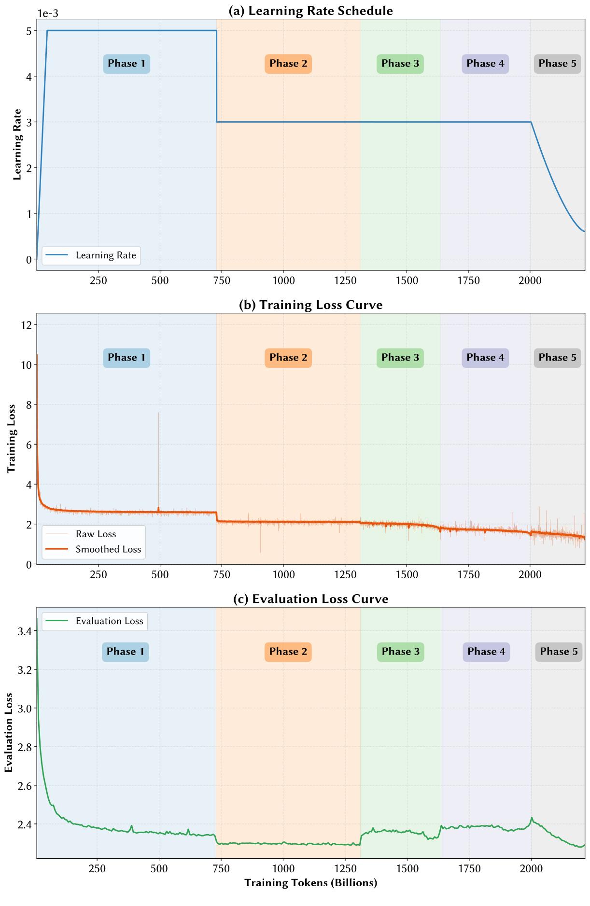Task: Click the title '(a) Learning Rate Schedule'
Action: (x=310, y=11)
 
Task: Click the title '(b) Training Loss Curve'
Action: (x=310, y=305)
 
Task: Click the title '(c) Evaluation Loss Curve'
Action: (x=310, y=599)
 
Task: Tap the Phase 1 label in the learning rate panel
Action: (x=126, y=64)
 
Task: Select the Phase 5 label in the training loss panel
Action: (x=557, y=358)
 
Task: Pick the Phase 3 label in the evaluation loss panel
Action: (x=400, y=652)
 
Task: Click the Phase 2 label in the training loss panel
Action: (x=288, y=358)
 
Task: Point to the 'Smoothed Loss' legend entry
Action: (x=108, y=549)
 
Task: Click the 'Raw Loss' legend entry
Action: (x=96, y=534)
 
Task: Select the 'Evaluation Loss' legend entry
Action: (x=109, y=621)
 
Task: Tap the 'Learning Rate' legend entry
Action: (x=106, y=255)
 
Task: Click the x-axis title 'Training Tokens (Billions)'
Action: (x=310, y=883)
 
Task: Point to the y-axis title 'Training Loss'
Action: (x=12, y=438)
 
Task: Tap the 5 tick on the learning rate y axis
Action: (x=29, y=31)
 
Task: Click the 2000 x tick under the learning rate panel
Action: (x=530, y=280)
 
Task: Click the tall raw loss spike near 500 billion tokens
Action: (x=158, y=434)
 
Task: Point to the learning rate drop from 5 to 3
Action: (x=216, y=76)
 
